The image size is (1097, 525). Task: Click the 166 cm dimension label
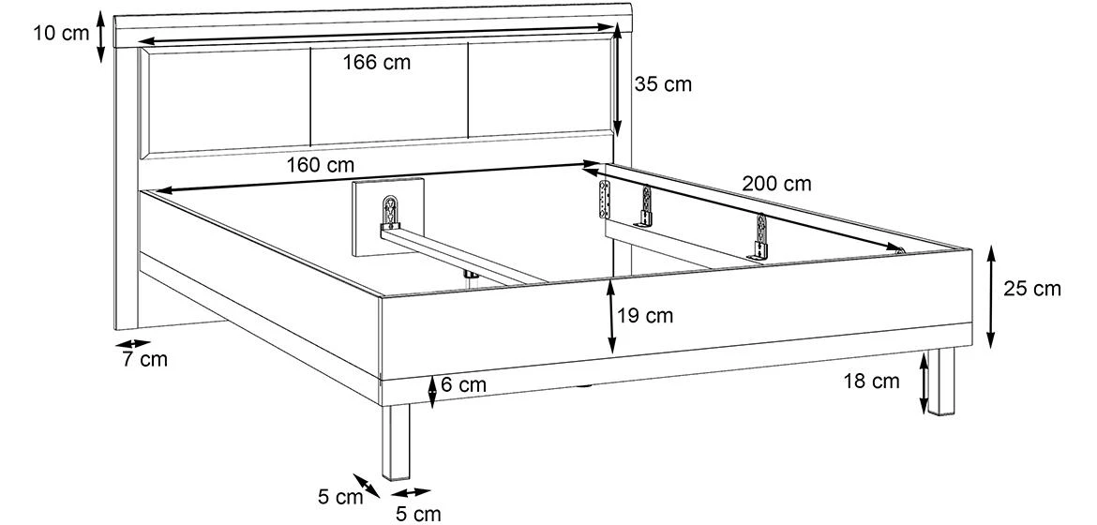[x=376, y=63]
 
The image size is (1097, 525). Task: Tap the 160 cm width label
[x=321, y=165]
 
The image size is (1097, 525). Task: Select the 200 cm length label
[x=776, y=184]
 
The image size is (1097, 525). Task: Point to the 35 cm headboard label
[x=663, y=84]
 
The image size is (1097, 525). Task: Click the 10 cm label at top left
[x=60, y=34]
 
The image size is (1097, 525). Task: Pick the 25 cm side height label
[x=1032, y=289]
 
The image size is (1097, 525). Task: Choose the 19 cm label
[x=645, y=316]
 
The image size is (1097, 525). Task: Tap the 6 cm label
[x=463, y=384]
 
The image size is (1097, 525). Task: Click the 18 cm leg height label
[x=872, y=381]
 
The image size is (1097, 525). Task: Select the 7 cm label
[x=144, y=359]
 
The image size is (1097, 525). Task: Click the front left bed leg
[x=397, y=445]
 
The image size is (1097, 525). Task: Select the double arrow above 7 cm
[x=134, y=344]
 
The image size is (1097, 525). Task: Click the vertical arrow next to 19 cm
[x=610, y=317]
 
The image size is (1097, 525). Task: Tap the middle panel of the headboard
[x=387, y=94]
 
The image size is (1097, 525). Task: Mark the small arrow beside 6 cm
[x=432, y=391]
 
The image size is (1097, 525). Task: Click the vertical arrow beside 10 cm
[x=100, y=37]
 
